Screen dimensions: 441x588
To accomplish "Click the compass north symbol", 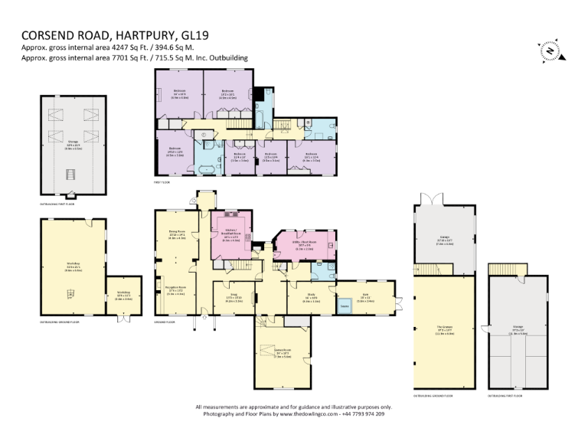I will click(x=550, y=50).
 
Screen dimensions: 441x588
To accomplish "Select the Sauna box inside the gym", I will click(x=345, y=305).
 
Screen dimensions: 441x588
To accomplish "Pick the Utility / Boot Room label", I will click(x=305, y=245).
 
